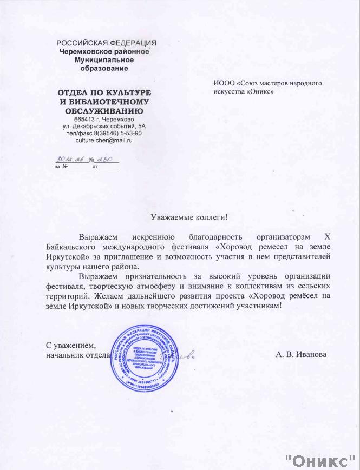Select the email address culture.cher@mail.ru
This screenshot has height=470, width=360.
click(x=104, y=140)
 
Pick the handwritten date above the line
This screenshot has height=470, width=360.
click(x=67, y=160)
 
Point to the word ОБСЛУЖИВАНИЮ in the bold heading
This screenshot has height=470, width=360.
click(x=104, y=110)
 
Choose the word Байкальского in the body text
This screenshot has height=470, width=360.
click(x=66, y=247)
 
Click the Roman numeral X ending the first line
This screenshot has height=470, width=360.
click(x=325, y=237)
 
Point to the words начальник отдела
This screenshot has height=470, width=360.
click(x=78, y=355)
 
